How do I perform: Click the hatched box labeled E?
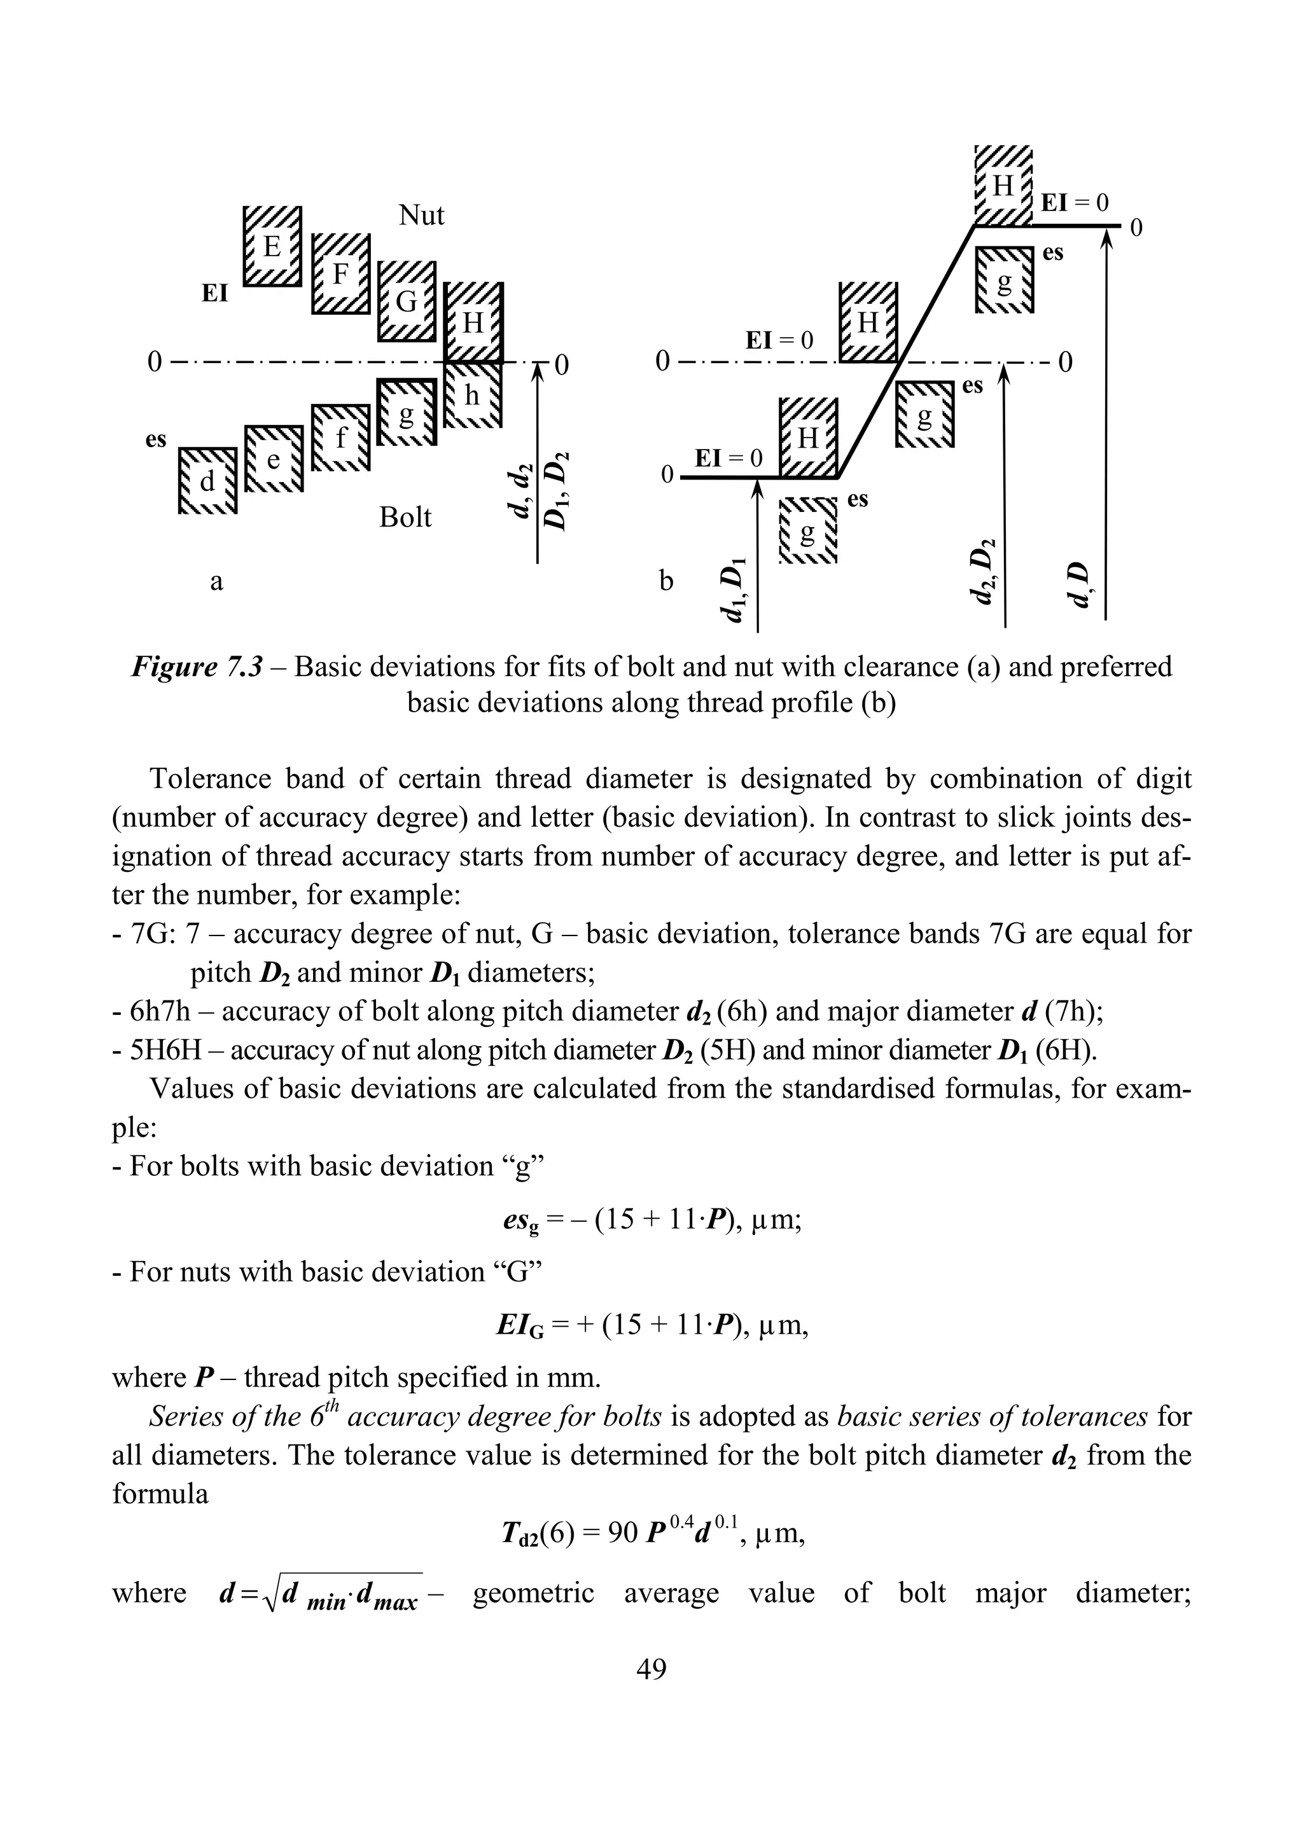click(272, 245)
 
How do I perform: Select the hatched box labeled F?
click(340, 275)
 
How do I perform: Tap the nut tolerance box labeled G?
click(407, 301)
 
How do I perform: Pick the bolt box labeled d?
click(207, 481)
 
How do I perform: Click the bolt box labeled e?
click(274, 459)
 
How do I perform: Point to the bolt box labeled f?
click(340, 438)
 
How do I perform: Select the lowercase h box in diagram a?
click(473, 396)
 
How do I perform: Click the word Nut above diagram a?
click(421, 214)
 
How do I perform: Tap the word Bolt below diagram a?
click(405, 518)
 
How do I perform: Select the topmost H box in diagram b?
click(1003, 187)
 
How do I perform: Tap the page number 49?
click(651, 1669)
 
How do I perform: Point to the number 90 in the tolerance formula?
click(622, 1533)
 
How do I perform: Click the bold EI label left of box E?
click(214, 293)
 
